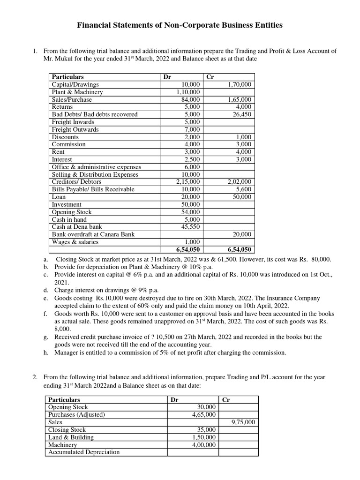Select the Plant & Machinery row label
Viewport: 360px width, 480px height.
[x=77, y=92]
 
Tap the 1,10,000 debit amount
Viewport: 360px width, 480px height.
[x=188, y=92]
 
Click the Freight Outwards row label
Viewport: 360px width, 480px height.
[x=75, y=129]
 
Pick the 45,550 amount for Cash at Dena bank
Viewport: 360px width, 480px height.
[x=190, y=227]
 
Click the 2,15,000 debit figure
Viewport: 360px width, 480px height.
[x=188, y=182]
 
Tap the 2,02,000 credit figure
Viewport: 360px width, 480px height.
[x=239, y=182]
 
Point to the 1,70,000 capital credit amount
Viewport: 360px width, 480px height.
[x=239, y=84]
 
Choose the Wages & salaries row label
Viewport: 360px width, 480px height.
[x=75, y=242]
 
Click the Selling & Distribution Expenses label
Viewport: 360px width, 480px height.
[x=95, y=174]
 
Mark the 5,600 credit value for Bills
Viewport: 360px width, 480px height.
[x=243, y=189]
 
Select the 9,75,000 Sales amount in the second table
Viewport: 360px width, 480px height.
[x=243, y=422]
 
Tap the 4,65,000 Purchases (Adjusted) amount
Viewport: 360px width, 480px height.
[x=204, y=415]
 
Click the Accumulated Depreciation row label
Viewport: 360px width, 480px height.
[x=84, y=452]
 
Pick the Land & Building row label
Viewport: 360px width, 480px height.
[x=71, y=437]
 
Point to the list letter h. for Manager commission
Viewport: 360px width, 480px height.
[x=45, y=352]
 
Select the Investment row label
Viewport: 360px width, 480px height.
[x=66, y=204]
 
